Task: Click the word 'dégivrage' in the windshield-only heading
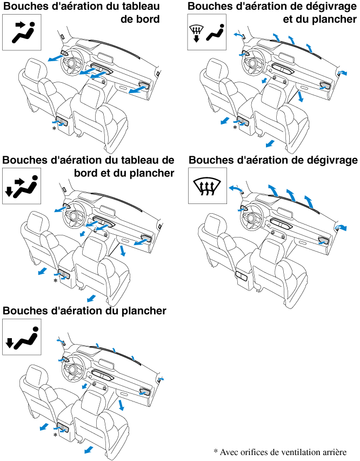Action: tap(331, 160)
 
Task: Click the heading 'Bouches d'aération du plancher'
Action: tap(84, 311)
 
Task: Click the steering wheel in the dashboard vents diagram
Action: tap(71, 64)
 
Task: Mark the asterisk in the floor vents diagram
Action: tap(55, 435)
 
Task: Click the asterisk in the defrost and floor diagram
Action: tap(235, 129)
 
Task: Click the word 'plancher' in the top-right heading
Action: tap(334, 19)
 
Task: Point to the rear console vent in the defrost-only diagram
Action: tap(242, 277)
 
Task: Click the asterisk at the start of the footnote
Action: tap(215, 451)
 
